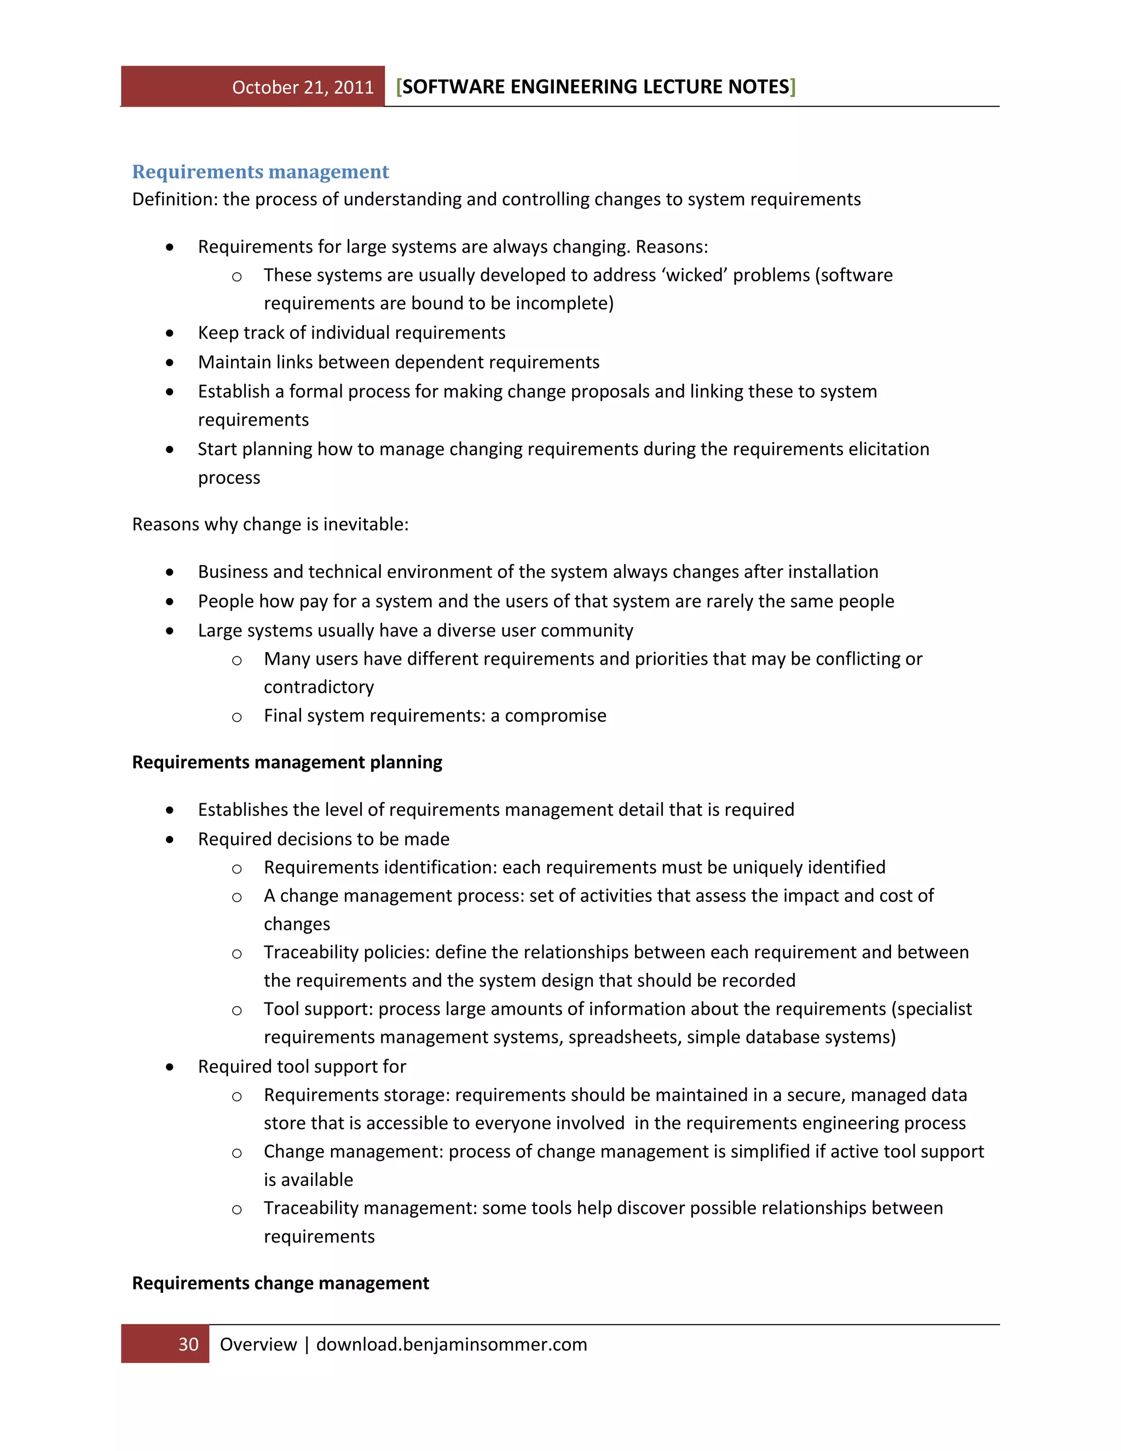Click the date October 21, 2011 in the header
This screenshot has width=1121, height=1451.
click(303, 88)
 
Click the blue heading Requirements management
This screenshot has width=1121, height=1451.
click(261, 171)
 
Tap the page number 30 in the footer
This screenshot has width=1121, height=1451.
click(189, 1344)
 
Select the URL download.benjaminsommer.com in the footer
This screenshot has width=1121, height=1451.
click(452, 1344)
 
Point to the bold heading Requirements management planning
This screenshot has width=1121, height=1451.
click(287, 762)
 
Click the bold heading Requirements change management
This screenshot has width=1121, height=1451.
click(280, 1283)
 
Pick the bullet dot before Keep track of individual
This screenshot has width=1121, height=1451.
click(170, 333)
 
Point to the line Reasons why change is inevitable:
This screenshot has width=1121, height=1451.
click(270, 524)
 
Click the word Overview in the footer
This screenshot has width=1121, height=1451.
click(258, 1344)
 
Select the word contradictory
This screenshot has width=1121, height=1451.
click(319, 687)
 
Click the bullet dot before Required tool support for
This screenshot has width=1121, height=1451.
click(170, 1067)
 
